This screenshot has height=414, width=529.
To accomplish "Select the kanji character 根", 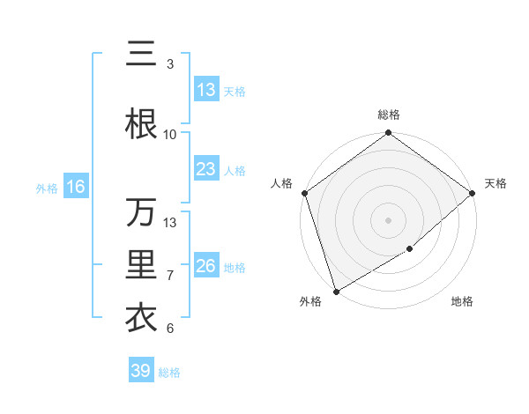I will pos(141,123).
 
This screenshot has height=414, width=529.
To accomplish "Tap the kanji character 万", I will pos(141,212).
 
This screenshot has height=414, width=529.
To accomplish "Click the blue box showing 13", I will pos(205,90).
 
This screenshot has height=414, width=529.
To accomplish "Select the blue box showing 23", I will pos(205,169).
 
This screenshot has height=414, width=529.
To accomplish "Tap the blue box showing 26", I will pos(205,266).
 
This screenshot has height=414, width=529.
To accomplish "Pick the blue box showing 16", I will pos(75,187).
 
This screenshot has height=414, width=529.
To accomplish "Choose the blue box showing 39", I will pos(140,371).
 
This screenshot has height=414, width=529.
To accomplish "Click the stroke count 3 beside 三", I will pos(169,64).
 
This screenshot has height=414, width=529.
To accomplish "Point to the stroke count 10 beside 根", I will pos(169,134).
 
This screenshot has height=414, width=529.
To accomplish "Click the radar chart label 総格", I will pos(388,115).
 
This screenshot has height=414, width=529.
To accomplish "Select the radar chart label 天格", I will pos(495,183).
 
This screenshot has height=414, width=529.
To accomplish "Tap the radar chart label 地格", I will pos(462,302).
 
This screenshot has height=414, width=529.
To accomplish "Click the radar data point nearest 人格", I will pos(303,193).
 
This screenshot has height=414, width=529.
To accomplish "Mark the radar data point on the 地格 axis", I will pos(410,250).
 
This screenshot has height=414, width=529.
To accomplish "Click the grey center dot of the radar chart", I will pos(388,220).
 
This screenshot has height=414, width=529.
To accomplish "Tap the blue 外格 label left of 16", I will pos(46,188).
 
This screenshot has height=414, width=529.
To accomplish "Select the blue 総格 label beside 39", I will pos(169,373).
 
